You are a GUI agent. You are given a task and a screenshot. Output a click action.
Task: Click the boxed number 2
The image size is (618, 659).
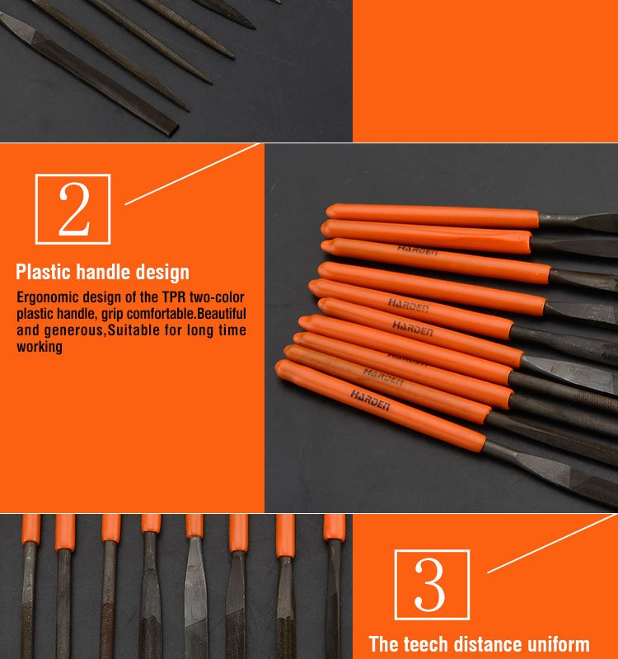tap(73, 209)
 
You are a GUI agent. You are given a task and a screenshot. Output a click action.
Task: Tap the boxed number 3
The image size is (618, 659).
tap(432, 585)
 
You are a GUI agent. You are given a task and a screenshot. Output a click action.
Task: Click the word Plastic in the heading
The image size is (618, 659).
tap(44, 272)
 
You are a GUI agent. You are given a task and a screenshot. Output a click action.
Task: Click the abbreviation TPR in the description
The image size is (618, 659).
tap(174, 297)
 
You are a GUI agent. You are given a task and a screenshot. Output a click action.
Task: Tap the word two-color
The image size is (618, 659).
tap(217, 297)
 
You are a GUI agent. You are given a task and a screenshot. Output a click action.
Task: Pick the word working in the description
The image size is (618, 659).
tap(40, 347)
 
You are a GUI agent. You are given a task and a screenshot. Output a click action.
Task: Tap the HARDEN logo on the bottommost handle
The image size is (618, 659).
tap(370, 400)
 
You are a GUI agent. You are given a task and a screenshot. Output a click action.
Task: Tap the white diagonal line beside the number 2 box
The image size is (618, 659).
tap(192, 174)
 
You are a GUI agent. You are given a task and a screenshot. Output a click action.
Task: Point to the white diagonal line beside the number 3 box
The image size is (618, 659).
tap(552, 544)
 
